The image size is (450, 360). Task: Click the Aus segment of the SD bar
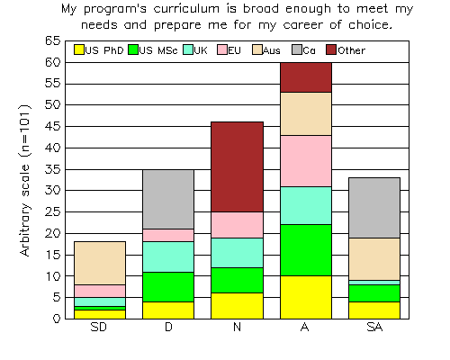click(x=100, y=263)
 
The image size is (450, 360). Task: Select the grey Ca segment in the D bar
click(x=168, y=200)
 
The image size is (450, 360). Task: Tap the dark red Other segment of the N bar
click(x=237, y=166)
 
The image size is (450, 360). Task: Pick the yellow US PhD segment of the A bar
click(x=306, y=297)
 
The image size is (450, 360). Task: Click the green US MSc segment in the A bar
click(x=306, y=250)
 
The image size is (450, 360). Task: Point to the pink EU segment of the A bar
click(x=306, y=161)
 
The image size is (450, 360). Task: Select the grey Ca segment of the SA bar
click(x=374, y=208)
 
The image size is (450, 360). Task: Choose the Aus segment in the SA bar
click(x=374, y=259)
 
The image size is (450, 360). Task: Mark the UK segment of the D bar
click(x=168, y=256)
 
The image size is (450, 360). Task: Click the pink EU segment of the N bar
click(x=237, y=225)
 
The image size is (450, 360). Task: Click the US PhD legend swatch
click(x=79, y=49)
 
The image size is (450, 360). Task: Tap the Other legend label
click(x=352, y=50)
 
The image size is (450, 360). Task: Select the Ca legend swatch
click(x=297, y=49)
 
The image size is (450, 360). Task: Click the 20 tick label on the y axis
click(x=53, y=233)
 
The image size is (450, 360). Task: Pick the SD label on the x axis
click(x=99, y=327)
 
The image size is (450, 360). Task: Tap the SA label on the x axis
click(x=374, y=327)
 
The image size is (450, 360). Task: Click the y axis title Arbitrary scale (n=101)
click(x=25, y=180)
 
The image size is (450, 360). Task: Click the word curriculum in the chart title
click(x=186, y=9)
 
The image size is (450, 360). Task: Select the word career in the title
click(x=303, y=25)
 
